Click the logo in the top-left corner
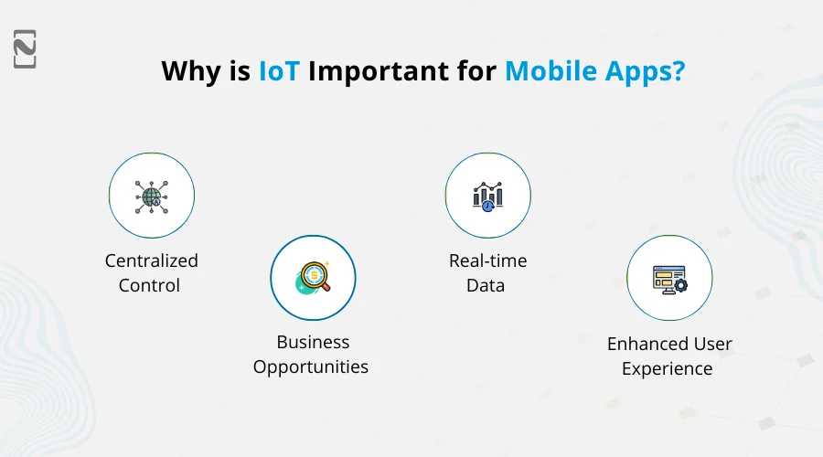[x=25, y=48]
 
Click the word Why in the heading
[x=189, y=71]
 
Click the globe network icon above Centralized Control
[x=152, y=196]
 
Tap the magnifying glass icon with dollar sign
[x=313, y=278]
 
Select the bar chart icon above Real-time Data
[x=487, y=196]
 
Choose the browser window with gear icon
[x=669, y=279]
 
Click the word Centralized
[x=152, y=261]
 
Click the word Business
[x=313, y=343]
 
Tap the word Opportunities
[x=311, y=367]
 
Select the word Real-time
[x=487, y=261]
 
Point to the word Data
[x=486, y=285]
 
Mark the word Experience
[x=667, y=368]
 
